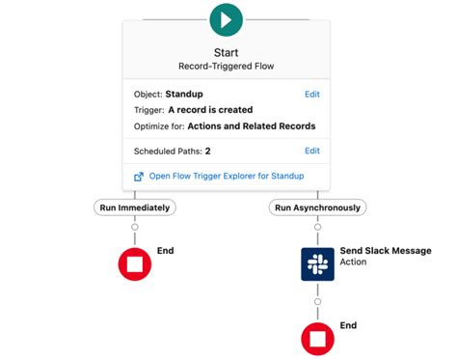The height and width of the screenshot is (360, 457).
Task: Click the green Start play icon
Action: (x=226, y=20)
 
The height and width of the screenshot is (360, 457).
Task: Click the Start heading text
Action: (x=227, y=52)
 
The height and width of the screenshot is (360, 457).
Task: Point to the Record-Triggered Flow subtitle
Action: (x=227, y=67)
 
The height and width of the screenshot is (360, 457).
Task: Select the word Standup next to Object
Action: (x=184, y=95)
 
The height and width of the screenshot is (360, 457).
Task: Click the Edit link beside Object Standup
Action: (x=312, y=95)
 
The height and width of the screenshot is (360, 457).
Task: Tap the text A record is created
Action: (x=210, y=110)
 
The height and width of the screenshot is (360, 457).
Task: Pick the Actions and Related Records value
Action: (x=252, y=126)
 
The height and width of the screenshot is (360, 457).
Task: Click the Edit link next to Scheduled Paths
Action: (x=312, y=151)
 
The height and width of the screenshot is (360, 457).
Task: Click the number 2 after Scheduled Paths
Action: (x=208, y=152)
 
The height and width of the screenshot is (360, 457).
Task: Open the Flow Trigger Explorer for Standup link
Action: (x=227, y=176)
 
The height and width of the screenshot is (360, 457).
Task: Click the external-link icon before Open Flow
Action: (x=139, y=177)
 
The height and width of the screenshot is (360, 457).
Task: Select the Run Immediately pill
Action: (x=135, y=208)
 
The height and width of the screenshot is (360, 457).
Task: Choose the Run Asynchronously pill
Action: (x=317, y=208)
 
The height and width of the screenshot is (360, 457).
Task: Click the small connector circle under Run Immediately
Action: (x=135, y=227)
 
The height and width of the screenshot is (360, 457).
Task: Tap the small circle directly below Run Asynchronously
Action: (x=317, y=227)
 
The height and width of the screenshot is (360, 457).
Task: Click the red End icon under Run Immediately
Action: (x=135, y=264)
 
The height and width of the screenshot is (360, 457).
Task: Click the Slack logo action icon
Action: (x=317, y=264)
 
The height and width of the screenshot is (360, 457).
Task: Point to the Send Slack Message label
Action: (x=386, y=251)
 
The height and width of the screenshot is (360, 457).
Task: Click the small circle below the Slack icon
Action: (x=317, y=302)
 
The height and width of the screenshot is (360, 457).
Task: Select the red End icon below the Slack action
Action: (x=317, y=339)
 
